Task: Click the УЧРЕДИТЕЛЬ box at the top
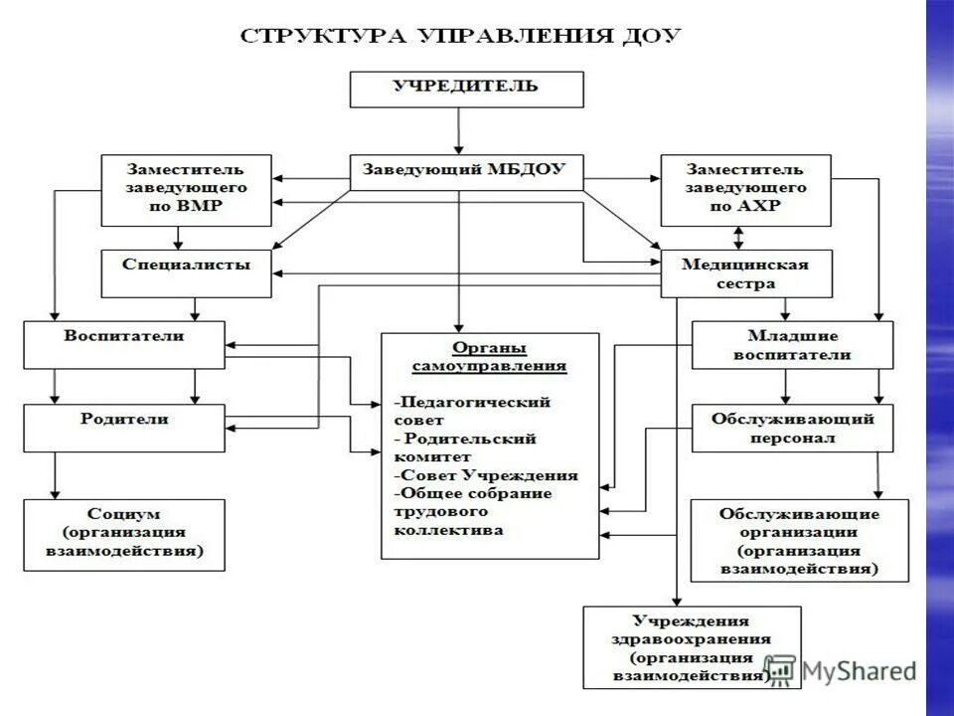point(466,89)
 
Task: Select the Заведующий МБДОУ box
point(466,171)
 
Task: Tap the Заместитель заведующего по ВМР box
point(186,188)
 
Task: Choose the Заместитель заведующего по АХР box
point(746,188)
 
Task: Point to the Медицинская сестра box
point(746,273)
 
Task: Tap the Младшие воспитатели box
point(792,344)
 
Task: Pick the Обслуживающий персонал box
point(792,428)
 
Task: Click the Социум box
point(124,534)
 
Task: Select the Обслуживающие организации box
point(799,540)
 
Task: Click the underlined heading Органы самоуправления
point(489,356)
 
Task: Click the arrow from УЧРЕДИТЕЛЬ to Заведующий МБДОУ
point(459,129)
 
